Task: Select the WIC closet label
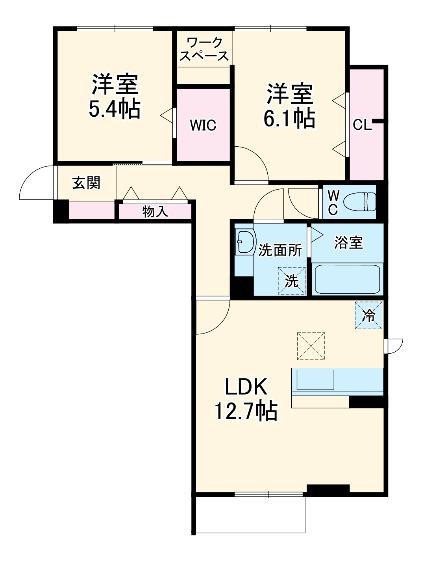click(203, 125)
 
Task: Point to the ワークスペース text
click(204, 49)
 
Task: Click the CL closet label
click(361, 125)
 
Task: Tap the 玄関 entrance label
click(87, 183)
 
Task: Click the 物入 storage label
click(155, 212)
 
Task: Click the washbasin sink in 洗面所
click(245, 242)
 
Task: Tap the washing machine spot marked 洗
click(292, 281)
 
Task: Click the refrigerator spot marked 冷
click(368, 315)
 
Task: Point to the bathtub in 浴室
click(347, 280)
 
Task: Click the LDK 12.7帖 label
click(246, 399)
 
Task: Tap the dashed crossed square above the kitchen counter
click(311, 346)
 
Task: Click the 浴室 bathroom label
click(348, 242)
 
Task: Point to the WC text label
click(333, 203)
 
